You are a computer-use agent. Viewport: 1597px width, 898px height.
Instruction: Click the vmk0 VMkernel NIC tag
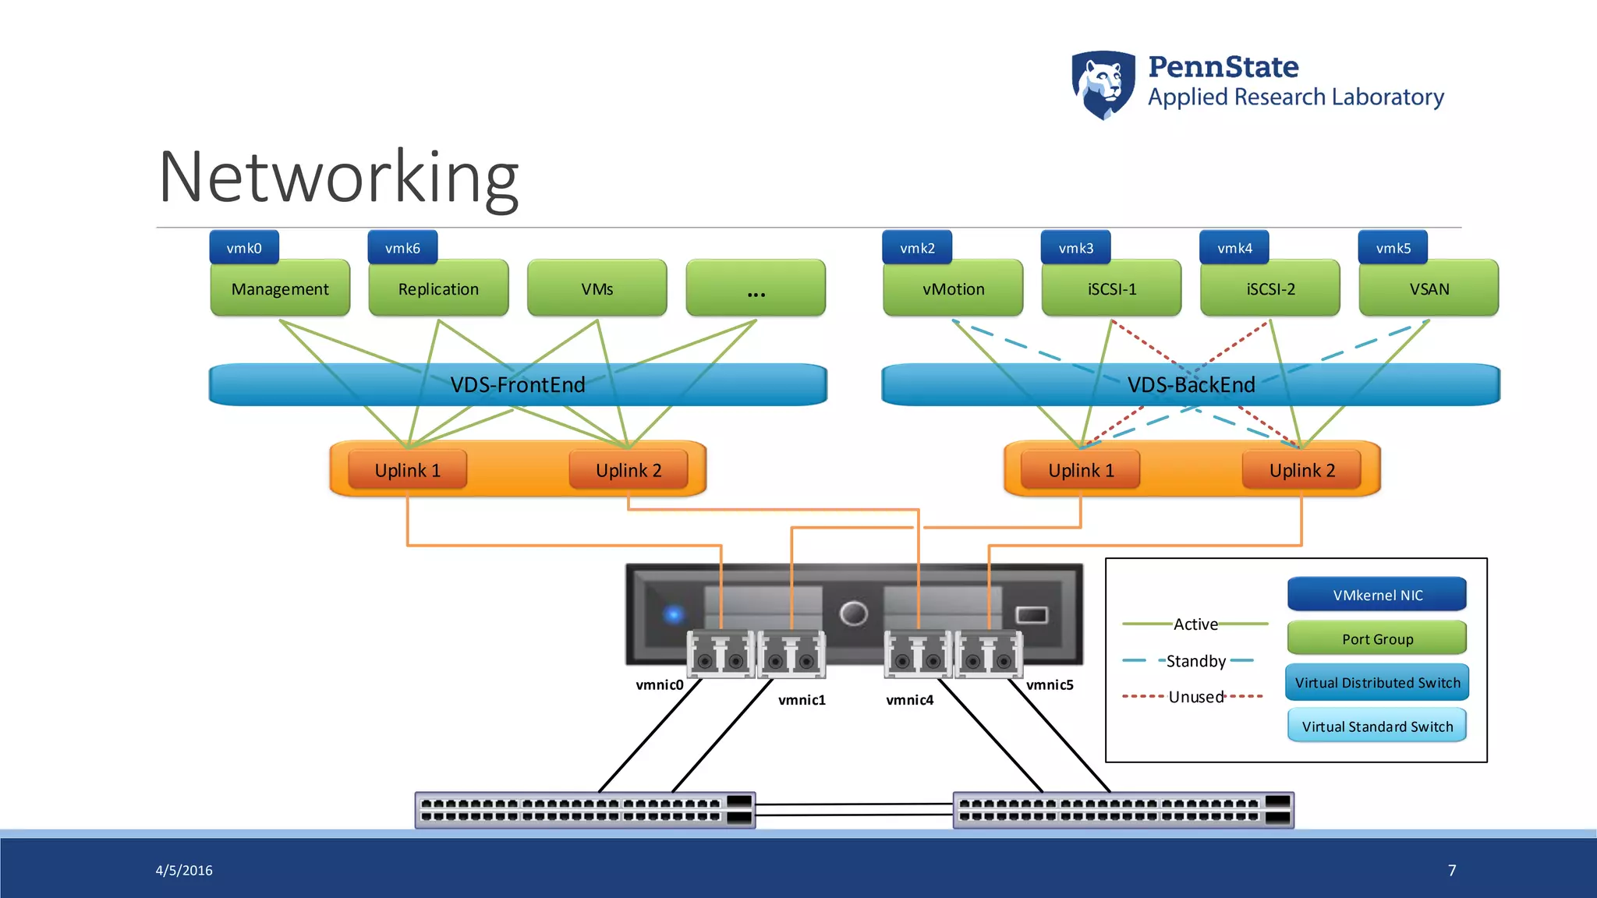click(244, 248)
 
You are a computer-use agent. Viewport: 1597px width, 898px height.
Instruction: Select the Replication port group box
click(438, 289)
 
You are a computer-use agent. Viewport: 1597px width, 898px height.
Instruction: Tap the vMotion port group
click(953, 289)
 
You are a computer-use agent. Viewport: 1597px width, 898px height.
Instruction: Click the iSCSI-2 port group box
click(1270, 289)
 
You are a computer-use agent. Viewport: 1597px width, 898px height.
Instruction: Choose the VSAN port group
click(1429, 289)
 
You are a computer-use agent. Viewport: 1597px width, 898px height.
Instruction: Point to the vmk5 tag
click(1393, 248)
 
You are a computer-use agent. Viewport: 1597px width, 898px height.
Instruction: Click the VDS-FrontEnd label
click(517, 385)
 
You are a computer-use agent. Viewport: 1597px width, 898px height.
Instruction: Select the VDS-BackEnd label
click(1191, 385)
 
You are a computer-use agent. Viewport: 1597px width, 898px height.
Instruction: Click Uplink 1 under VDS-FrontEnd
click(407, 470)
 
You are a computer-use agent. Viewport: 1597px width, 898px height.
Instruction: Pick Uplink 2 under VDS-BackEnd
click(1301, 470)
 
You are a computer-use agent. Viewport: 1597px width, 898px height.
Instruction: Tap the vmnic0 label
click(659, 685)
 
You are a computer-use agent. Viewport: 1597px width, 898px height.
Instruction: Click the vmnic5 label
click(1050, 685)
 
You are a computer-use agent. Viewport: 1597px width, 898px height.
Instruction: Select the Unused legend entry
click(1195, 697)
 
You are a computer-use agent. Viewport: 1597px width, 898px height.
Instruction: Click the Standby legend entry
click(1195, 661)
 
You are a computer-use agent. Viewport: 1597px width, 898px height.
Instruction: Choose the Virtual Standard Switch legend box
click(1377, 727)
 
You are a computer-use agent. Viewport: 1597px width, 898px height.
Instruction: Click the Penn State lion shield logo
click(1103, 84)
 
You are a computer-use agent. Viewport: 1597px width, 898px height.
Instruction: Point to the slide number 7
click(1451, 870)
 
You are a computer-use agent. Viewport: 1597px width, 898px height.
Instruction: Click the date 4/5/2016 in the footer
click(184, 870)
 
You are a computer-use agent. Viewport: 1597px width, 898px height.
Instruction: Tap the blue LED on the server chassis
click(674, 614)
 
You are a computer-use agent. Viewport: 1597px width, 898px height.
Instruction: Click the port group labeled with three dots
click(756, 289)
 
